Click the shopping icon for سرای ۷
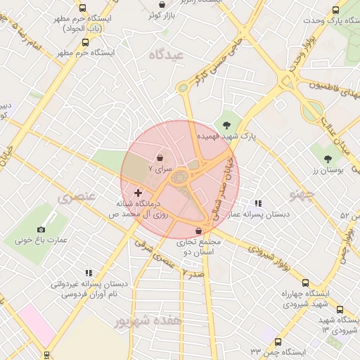[x=161, y=157]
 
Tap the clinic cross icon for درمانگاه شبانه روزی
[x=137, y=192]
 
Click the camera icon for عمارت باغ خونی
[x=41, y=229]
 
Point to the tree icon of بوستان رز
[x=328, y=159]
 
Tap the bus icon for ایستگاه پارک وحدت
[x=335, y=11]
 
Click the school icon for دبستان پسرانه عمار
[x=259, y=202]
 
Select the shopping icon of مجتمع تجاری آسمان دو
[x=198, y=231]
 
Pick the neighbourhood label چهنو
[x=303, y=193]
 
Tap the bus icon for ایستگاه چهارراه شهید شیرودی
[x=340, y=309]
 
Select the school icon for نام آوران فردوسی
[x=89, y=273]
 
